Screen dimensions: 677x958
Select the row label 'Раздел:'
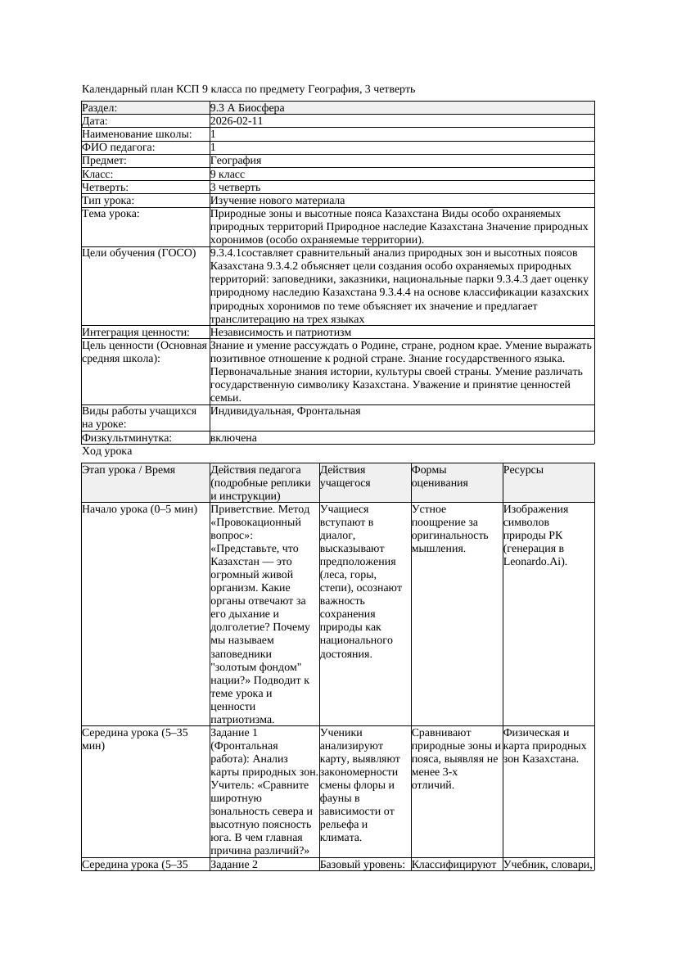[x=100, y=108]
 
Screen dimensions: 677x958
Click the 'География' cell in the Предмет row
[x=235, y=160]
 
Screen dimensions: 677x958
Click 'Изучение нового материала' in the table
[x=277, y=201]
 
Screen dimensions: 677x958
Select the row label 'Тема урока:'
[x=111, y=214]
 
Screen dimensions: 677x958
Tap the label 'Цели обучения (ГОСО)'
[x=139, y=253]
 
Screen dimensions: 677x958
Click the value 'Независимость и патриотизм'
[x=280, y=332]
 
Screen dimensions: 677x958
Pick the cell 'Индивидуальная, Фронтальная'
[x=285, y=411]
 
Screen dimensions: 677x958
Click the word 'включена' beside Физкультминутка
[x=233, y=438]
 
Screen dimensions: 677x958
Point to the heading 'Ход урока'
[x=106, y=451]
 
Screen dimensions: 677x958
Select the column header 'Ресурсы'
[x=523, y=470]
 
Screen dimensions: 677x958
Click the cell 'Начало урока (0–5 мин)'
[x=139, y=509]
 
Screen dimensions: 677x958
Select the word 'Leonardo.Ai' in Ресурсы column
[x=533, y=562]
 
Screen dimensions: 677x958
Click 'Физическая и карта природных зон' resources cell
[x=544, y=745]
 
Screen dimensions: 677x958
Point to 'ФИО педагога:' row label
[x=119, y=147]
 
